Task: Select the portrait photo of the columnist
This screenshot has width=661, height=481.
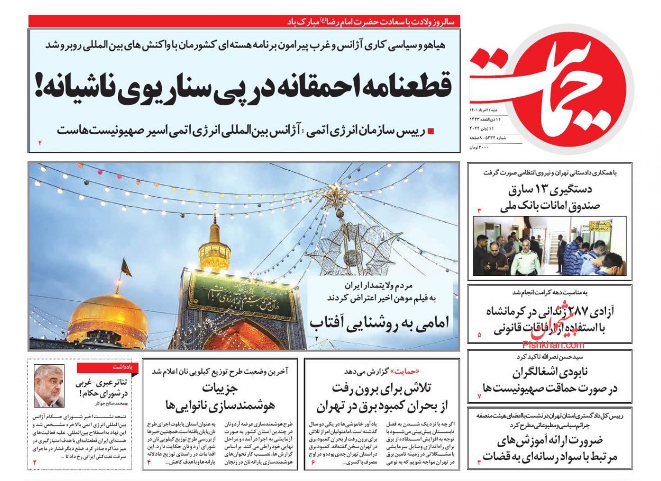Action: [49, 386]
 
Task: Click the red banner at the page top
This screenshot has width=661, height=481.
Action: [244, 22]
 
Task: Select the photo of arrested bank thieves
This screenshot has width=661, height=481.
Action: [549, 246]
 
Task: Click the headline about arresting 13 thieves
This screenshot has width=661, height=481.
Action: [550, 197]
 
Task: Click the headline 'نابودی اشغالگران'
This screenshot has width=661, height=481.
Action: [550, 381]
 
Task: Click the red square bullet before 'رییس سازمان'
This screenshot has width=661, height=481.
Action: [430, 131]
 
